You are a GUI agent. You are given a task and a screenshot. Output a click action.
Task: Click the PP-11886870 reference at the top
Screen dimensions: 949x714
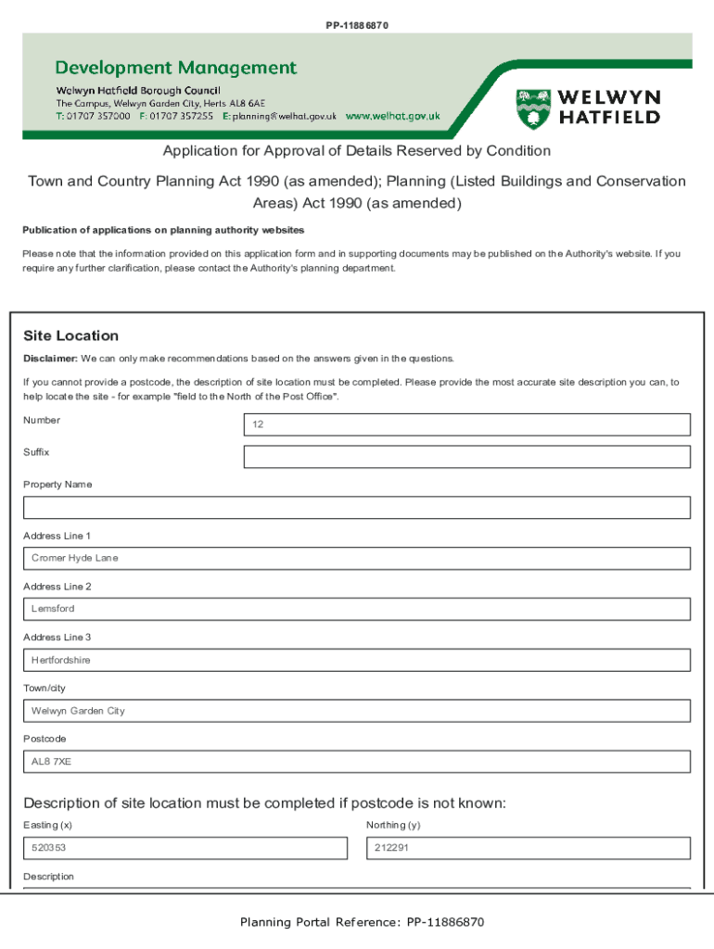click(x=357, y=25)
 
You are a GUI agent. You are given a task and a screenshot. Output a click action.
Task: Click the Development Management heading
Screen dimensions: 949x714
click(x=176, y=68)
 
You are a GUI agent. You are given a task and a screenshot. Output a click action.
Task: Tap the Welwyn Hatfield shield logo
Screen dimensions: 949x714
click(x=532, y=108)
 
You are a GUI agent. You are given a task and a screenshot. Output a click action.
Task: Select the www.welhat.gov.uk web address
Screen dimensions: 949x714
click(x=392, y=117)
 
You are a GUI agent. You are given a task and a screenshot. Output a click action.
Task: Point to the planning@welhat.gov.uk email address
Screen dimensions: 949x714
click(x=286, y=117)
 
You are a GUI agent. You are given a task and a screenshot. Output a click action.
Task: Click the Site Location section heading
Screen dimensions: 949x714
click(x=70, y=335)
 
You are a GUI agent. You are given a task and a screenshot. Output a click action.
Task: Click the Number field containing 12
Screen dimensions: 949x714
click(x=466, y=424)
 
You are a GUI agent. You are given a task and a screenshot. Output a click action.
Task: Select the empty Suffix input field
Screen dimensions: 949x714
click(x=466, y=457)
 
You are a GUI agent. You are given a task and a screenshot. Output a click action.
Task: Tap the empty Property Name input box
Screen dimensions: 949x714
click(x=357, y=508)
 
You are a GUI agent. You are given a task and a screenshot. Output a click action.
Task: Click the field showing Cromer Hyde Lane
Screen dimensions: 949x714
click(x=357, y=558)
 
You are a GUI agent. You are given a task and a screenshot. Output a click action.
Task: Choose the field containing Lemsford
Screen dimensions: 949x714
click(x=357, y=609)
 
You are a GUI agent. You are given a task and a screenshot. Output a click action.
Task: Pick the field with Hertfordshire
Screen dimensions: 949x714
click(x=357, y=660)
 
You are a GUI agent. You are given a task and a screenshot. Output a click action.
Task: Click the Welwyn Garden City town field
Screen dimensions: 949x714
click(x=357, y=711)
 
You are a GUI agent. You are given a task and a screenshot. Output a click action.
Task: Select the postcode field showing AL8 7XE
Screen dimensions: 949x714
click(x=357, y=762)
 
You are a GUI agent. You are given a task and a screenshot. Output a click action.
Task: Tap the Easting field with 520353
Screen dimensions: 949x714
click(x=185, y=848)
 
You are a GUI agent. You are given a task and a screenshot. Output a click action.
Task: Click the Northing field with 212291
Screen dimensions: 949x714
click(x=529, y=848)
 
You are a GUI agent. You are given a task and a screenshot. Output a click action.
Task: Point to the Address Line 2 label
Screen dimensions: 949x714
click(x=57, y=587)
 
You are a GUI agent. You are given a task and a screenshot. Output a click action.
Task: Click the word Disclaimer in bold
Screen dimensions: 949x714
click(x=50, y=359)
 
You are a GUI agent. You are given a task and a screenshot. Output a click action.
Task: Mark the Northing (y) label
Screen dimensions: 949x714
click(x=393, y=825)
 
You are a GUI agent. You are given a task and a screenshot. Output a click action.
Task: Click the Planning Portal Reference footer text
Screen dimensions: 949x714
click(x=362, y=922)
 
